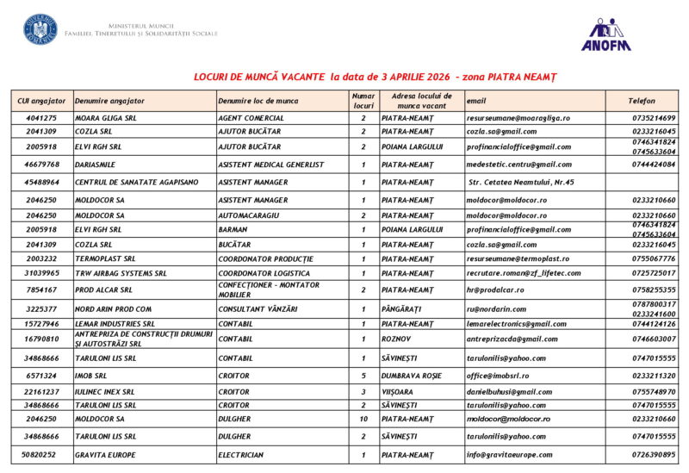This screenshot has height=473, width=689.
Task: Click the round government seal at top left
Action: [x=40, y=29]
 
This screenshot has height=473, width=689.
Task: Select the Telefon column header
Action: [x=642, y=101]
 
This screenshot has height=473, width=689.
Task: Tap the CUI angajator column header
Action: [x=41, y=101]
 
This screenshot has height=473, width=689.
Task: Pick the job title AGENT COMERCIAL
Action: [x=251, y=118]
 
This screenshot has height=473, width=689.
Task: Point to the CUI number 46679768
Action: [x=41, y=164]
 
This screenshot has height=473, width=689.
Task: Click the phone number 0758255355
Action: [x=654, y=290]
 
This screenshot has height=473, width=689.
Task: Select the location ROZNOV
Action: [x=397, y=339]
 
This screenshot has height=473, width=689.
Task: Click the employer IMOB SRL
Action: [x=91, y=376]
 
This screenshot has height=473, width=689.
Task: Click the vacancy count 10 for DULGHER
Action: [x=363, y=420]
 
